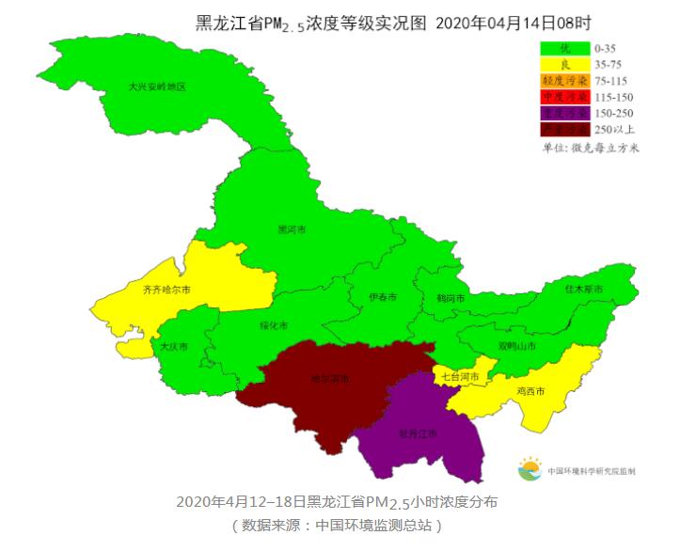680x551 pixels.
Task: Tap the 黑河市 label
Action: pyautogui.click(x=292, y=229)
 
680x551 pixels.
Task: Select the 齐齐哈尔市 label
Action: pyautogui.click(x=166, y=290)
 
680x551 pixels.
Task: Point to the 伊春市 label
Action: pyautogui.click(x=382, y=297)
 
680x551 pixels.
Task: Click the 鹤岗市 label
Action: pyautogui.click(x=438, y=298)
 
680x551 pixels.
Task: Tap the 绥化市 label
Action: pyautogui.click(x=274, y=325)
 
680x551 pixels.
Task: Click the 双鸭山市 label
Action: pyautogui.click(x=516, y=346)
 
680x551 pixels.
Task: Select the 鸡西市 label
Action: pyautogui.click(x=530, y=391)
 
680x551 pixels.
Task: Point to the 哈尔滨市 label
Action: pyautogui.click(x=330, y=379)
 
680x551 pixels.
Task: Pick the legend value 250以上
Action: pyautogui.click(x=615, y=129)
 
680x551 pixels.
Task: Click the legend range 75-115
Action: pyautogui.click(x=615, y=80)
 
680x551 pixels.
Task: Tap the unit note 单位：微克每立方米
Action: pyautogui.click(x=591, y=148)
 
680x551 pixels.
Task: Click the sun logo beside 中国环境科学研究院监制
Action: pyautogui.click(x=530, y=468)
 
